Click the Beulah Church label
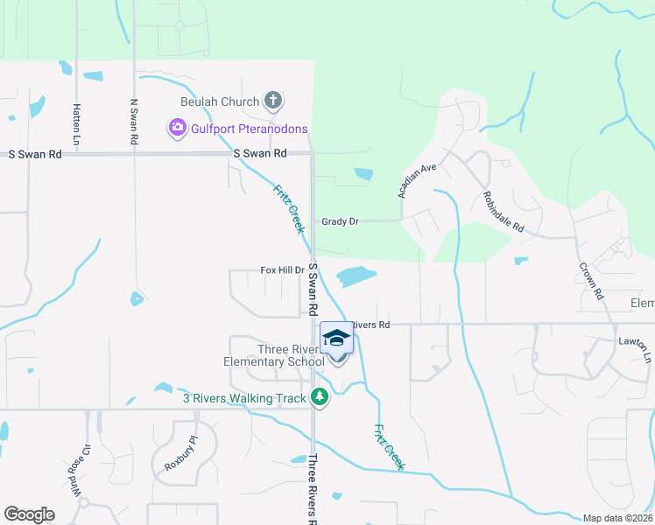coord(220,101)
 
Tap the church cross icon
coord(272,101)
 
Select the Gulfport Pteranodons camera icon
coord(177,129)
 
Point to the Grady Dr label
coord(341,222)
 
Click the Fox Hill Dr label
coord(282,270)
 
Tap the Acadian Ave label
coord(416,179)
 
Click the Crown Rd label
coord(591,274)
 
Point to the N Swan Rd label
coord(134,122)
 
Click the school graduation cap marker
coord(336,339)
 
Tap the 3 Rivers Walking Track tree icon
coord(320,398)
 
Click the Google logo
coord(29,514)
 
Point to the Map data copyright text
coord(618,518)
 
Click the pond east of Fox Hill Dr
coord(356,276)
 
